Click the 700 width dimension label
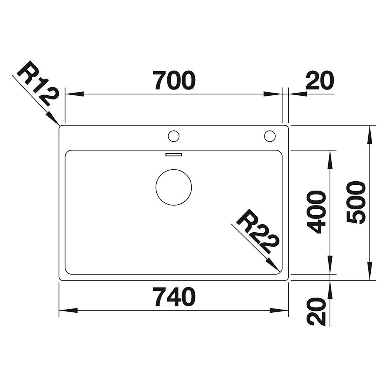coord(174,80)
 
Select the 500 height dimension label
coord(356,202)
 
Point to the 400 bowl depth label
coord(316,212)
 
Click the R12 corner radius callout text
coord(38,84)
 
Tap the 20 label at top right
coord(319,80)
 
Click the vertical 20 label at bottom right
coord(316,311)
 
